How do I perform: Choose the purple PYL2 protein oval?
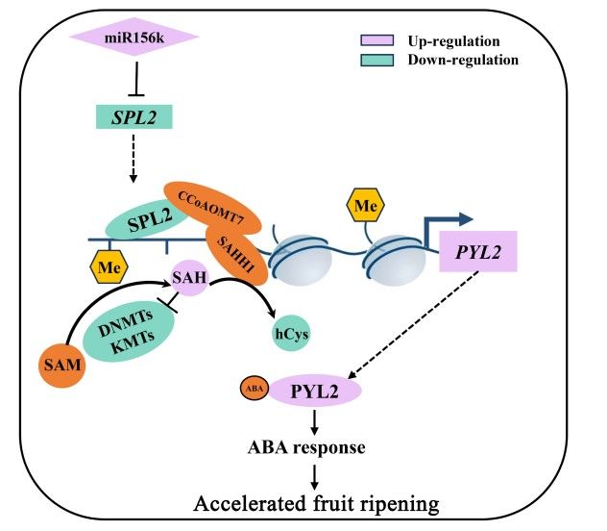313,391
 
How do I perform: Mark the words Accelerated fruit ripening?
318,503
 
